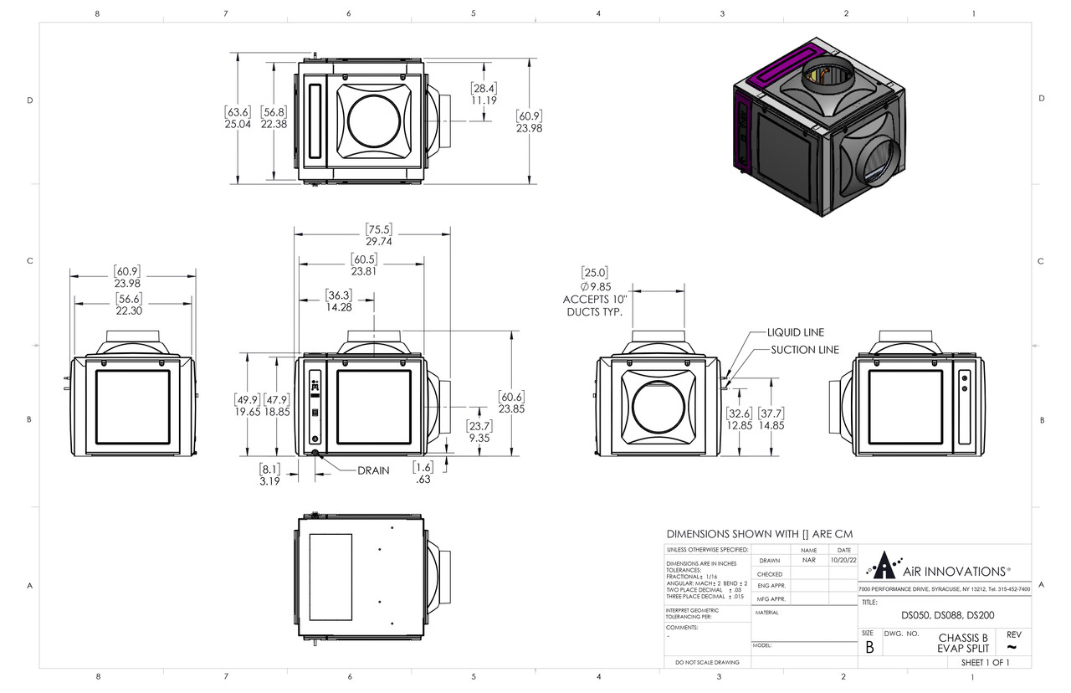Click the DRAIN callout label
(373, 470)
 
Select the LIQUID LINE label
(796, 332)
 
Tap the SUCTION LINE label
(804, 350)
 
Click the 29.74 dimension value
(378, 241)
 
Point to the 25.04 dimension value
(238, 124)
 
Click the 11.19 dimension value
(484, 100)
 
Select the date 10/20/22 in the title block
(843, 560)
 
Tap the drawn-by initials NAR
(808, 560)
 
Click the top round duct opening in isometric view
(828, 78)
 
